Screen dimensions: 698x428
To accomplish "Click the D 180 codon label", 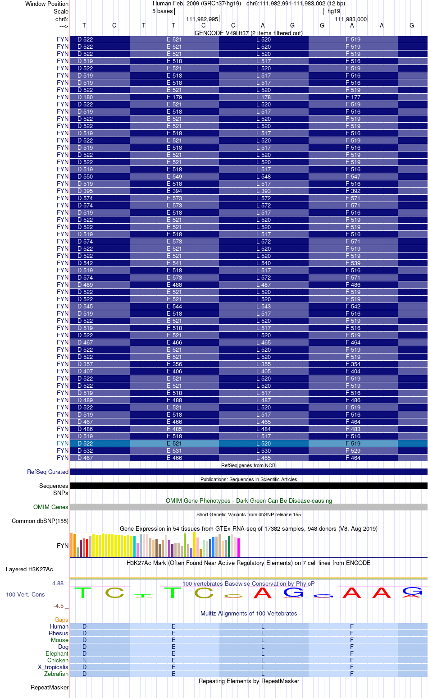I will pos(85,97).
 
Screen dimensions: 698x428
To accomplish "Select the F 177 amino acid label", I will pos(353,97).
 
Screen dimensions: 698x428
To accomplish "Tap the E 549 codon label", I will pos(174,177).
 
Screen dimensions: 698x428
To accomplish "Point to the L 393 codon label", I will pos(264,191).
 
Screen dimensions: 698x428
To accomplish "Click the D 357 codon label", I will pos(85,364).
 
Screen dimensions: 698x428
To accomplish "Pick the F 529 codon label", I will pos(353,451).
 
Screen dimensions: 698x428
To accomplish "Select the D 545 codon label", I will pos(85,307).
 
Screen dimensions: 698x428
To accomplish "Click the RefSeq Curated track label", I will pos(48,472).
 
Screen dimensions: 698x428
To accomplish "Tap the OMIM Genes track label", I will pos(51,507).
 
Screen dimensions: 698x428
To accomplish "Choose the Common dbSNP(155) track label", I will pos(40,521).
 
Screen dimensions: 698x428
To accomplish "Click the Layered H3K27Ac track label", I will pos(29,569).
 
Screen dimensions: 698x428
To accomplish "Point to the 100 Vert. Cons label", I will pos(25,595).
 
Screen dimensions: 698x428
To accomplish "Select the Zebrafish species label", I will pos(56,674).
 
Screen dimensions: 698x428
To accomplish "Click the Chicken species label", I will pos(58,661).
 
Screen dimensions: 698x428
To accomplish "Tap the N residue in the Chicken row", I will pos(84,661).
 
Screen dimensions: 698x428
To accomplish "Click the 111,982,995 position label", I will pos(202,19).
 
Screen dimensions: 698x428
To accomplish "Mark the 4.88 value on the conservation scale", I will pos(58,583).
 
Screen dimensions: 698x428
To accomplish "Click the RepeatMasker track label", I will pos(50,688).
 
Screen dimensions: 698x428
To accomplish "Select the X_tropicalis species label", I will pos(53,667).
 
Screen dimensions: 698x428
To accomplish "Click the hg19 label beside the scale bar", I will pos(334,11).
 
